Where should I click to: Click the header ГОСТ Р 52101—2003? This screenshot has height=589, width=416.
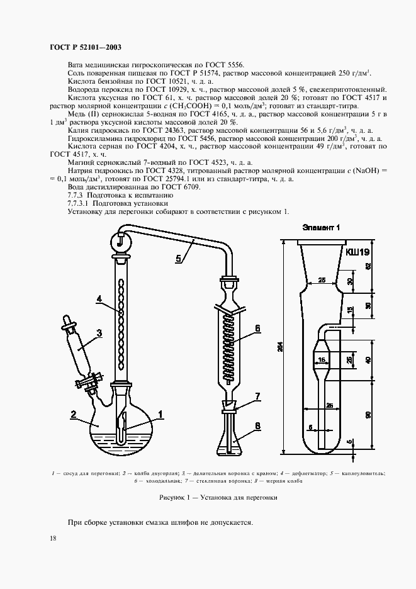pyautogui.click(x=85, y=47)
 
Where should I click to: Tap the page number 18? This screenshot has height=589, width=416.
pyautogui.click(x=52, y=537)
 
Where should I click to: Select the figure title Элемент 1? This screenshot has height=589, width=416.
pyautogui.click(x=320, y=227)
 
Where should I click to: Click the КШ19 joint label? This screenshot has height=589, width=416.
pyautogui.click(x=356, y=252)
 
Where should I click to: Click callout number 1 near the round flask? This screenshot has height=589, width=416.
pyautogui.click(x=160, y=414)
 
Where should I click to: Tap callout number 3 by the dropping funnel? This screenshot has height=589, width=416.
pyautogui.click(x=98, y=333)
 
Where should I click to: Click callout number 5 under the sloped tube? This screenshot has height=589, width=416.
pyautogui.click(x=178, y=257)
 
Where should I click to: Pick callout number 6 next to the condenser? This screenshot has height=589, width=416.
pyautogui.click(x=257, y=328)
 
